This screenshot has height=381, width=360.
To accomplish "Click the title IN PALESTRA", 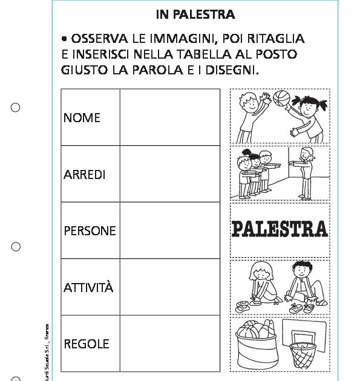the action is (195, 15).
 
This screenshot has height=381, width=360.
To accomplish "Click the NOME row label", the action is (82, 117).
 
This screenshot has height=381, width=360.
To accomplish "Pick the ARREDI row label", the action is (85, 174).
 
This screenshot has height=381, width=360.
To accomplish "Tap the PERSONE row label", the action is (90, 231).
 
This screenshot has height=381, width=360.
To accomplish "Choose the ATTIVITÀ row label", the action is (88, 287).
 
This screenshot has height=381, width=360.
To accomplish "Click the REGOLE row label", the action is (87, 344).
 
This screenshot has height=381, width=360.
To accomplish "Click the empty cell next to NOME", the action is (169, 117).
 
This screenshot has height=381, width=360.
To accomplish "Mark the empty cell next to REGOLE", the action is (169, 344).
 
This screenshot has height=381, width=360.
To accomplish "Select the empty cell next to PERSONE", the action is (169, 230).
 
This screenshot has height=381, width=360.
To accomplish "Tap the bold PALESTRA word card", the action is (280, 229).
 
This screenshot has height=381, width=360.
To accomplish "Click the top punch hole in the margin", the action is (16, 108).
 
